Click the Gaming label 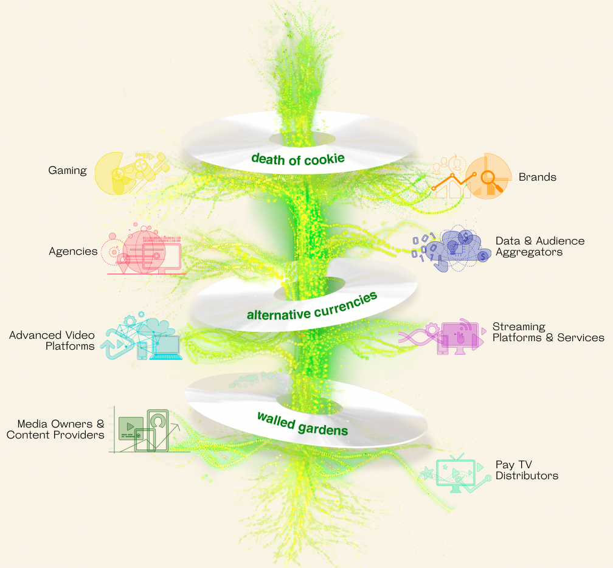[x=68, y=170]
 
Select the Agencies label [x=73, y=251]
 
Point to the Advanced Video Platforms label [x=52, y=341]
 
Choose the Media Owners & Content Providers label [x=55, y=429]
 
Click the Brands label [x=538, y=178]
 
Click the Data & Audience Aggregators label [x=540, y=246]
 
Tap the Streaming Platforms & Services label [x=548, y=332]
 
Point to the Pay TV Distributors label [x=527, y=470]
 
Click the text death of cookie [x=298, y=159]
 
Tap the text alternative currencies [x=312, y=305]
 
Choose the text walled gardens [x=302, y=423]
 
